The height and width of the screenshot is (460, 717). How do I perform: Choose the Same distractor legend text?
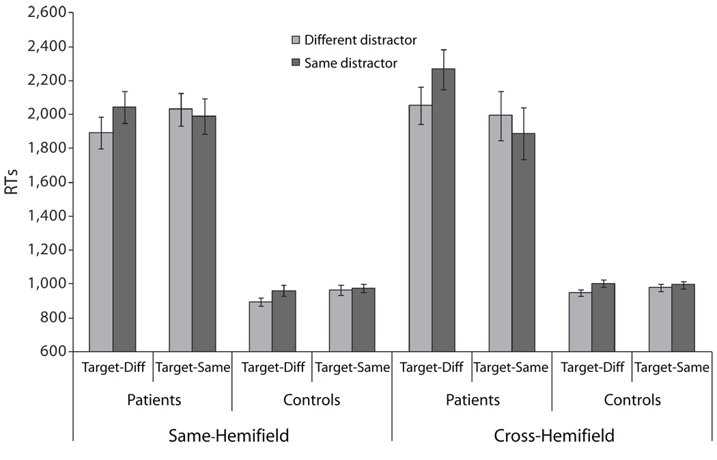point(351,62)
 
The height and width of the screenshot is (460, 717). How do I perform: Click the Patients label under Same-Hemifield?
point(154,400)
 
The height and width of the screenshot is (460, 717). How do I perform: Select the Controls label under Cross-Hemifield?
point(632,400)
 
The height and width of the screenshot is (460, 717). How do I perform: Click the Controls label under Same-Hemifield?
point(312,400)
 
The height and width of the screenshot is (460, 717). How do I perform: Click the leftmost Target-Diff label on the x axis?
point(113,368)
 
